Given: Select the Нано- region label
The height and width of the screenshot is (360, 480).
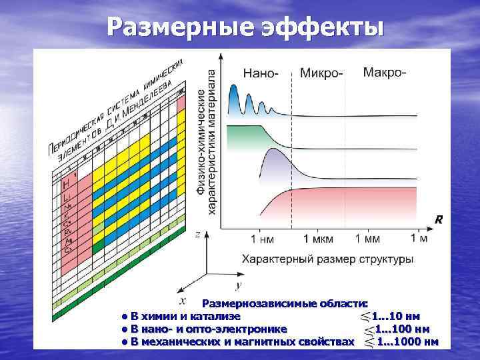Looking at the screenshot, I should click(x=261, y=73).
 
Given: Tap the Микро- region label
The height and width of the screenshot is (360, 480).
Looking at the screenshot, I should click(x=322, y=73).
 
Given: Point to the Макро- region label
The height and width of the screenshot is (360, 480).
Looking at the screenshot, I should click(x=384, y=72).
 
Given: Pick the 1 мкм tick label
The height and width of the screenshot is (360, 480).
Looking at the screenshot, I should click(x=313, y=238).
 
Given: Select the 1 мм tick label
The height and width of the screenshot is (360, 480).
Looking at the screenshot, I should click(x=367, y=238).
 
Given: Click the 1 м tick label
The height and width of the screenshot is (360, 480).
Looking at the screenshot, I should click(x=419, y=237).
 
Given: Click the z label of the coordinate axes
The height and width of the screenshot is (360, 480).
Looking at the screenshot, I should click(x=197, y=235).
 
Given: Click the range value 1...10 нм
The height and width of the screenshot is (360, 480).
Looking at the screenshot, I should click(x=395, y=316).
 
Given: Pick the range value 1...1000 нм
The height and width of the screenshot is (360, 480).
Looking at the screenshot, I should click(x=407, y=342).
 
